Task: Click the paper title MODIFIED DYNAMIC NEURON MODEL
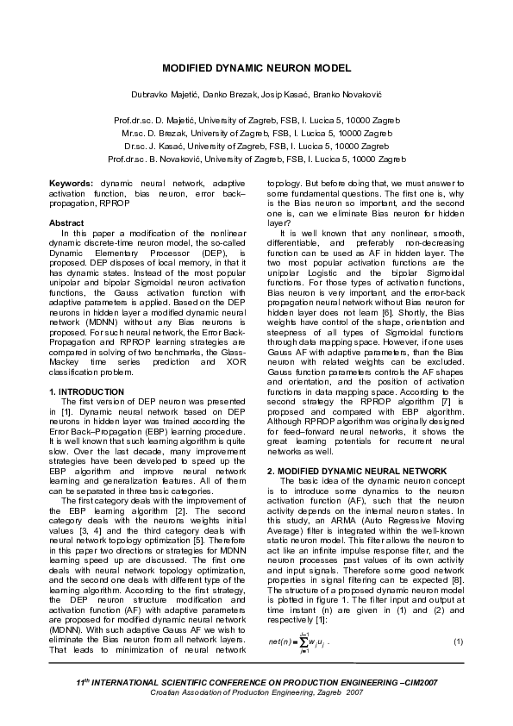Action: coord(256,67)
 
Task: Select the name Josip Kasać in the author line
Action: coord(282,93)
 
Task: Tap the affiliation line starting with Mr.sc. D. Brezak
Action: coord(257,135)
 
